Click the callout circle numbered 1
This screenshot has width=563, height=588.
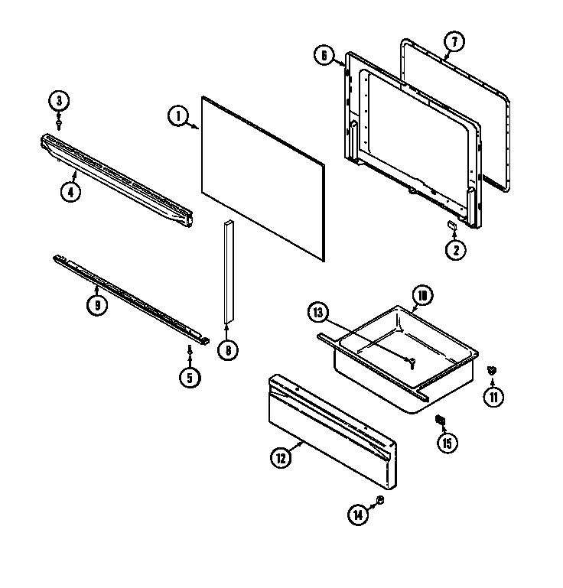pyautogui.click(x=177, y=116)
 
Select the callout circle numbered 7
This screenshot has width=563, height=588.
pyautogui.click(x=453, y=41)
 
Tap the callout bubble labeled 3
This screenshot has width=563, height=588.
pyautogui.click(x=59, y=99)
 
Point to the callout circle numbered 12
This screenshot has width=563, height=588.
pyautogui.click(x=280, y=459)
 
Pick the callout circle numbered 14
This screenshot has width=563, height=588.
pyautogui.click(x=358, y=515)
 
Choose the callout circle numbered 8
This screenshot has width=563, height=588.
pyautogui.click(x=227, y=351)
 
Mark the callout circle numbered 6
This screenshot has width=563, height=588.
pyautogui.click(x=324, y=54)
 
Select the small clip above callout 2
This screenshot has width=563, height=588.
pyautogui.click(x=452, y=225)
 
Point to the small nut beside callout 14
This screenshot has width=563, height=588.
pyautogui.click(x=380, y=500)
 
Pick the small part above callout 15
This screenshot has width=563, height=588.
pyautogui.click(x=440, y=419)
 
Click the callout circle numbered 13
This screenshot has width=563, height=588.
pyautogui.click(x=318, y=312)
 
